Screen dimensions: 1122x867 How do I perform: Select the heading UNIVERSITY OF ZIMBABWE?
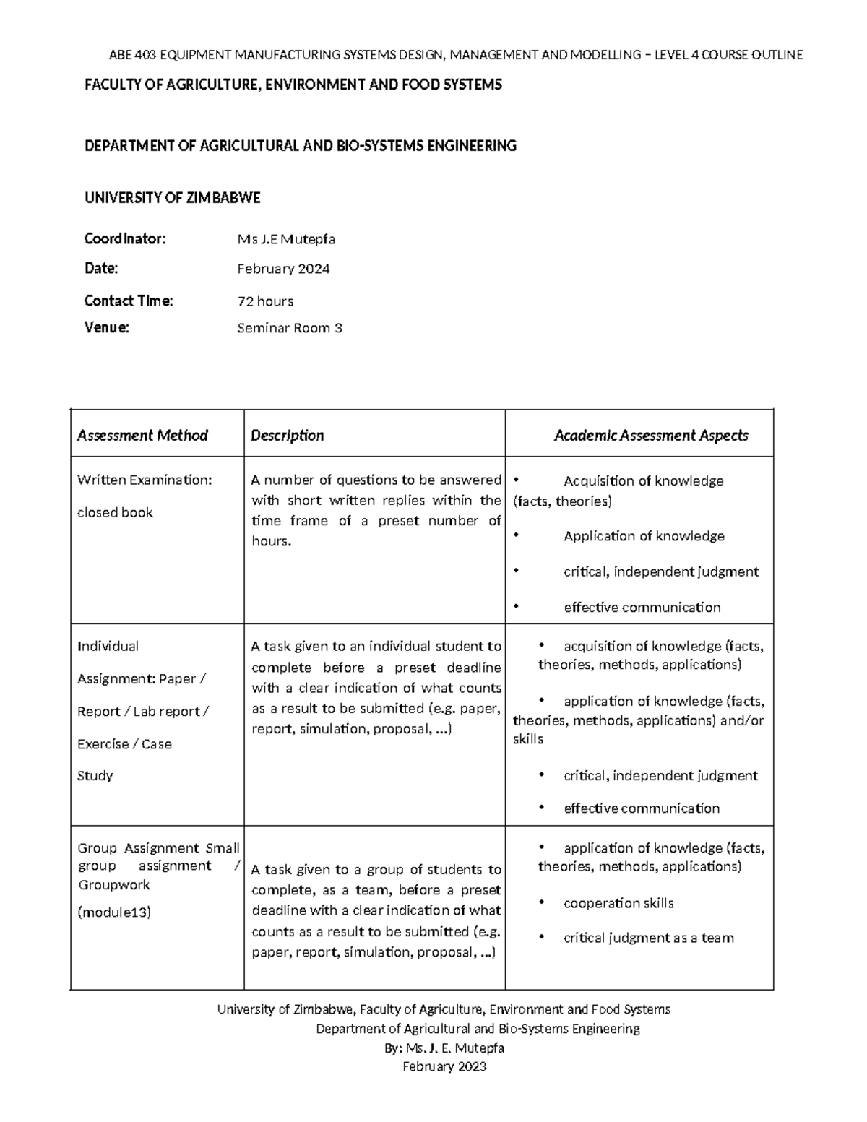click(172, 198)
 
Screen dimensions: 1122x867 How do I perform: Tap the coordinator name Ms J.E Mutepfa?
click(286, 239)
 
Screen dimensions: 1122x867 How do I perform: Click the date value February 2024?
click(283, 269)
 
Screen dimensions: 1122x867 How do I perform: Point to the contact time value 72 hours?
click(265, 301)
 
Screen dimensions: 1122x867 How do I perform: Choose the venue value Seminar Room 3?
click(290, 328)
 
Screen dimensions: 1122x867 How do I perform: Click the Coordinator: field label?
click(125, 239)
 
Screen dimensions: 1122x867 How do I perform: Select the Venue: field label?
click(106, 328)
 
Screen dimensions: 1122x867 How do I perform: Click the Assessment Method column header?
click(142, 435)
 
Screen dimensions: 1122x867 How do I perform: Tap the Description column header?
click(287, 435)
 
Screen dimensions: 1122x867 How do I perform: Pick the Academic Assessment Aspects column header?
click(650, 435)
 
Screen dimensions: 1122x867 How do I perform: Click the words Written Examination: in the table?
click(144, 480)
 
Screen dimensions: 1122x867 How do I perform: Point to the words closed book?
click(115, 512)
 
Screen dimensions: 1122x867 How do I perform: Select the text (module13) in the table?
click(114, 912)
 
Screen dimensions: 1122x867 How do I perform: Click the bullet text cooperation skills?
click(618, 903)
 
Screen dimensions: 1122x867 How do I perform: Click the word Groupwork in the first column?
click(113, 885)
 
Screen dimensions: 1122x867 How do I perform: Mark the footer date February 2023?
click(444, 1066)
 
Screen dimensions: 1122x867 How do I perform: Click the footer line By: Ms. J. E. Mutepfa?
click(445, 1048)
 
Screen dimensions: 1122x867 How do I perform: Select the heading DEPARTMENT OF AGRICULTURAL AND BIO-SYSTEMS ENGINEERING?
click(301, 146)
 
